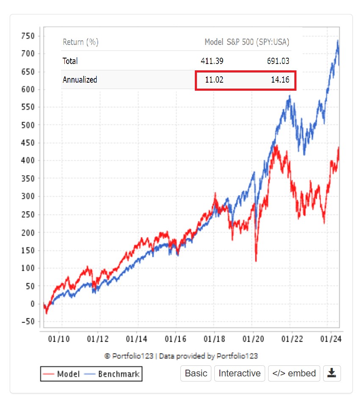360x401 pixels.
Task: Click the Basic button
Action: (196, 373)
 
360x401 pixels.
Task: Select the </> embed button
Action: (294, 373)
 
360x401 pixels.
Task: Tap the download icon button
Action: (332, 373)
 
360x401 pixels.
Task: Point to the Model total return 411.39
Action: (212, 61)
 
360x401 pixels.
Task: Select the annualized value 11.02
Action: (214, 80)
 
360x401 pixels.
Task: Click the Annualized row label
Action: (80, 80)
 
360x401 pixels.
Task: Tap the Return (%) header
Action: (80, 42)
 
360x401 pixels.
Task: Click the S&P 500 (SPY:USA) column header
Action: (258, 42)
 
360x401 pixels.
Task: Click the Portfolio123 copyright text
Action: (181, 356)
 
